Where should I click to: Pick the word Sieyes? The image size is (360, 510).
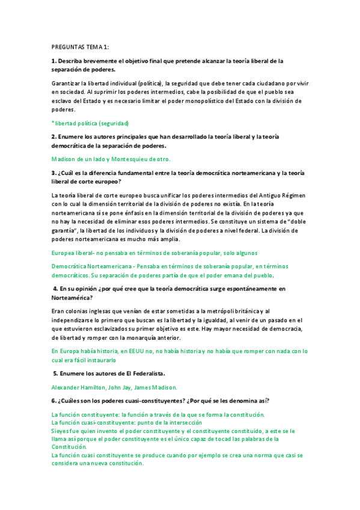click(x=61, y=431)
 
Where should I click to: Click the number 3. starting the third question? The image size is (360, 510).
click(x=54, y=173)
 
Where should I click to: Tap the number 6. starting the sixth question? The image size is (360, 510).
click(x=54, y=401)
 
